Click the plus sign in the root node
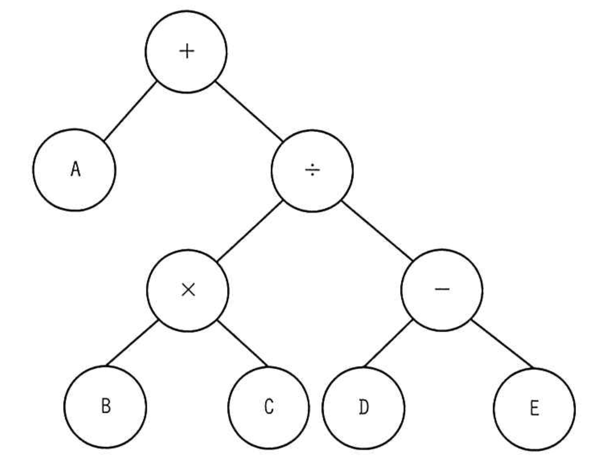187,51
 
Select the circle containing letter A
74,170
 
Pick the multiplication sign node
188,290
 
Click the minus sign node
442,290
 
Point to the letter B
106,406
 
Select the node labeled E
534,409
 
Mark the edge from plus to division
249,111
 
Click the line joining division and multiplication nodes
250,231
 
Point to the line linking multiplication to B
131,343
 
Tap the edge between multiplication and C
242,343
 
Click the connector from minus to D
386,344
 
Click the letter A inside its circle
75,170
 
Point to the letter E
534,409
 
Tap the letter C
269,407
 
